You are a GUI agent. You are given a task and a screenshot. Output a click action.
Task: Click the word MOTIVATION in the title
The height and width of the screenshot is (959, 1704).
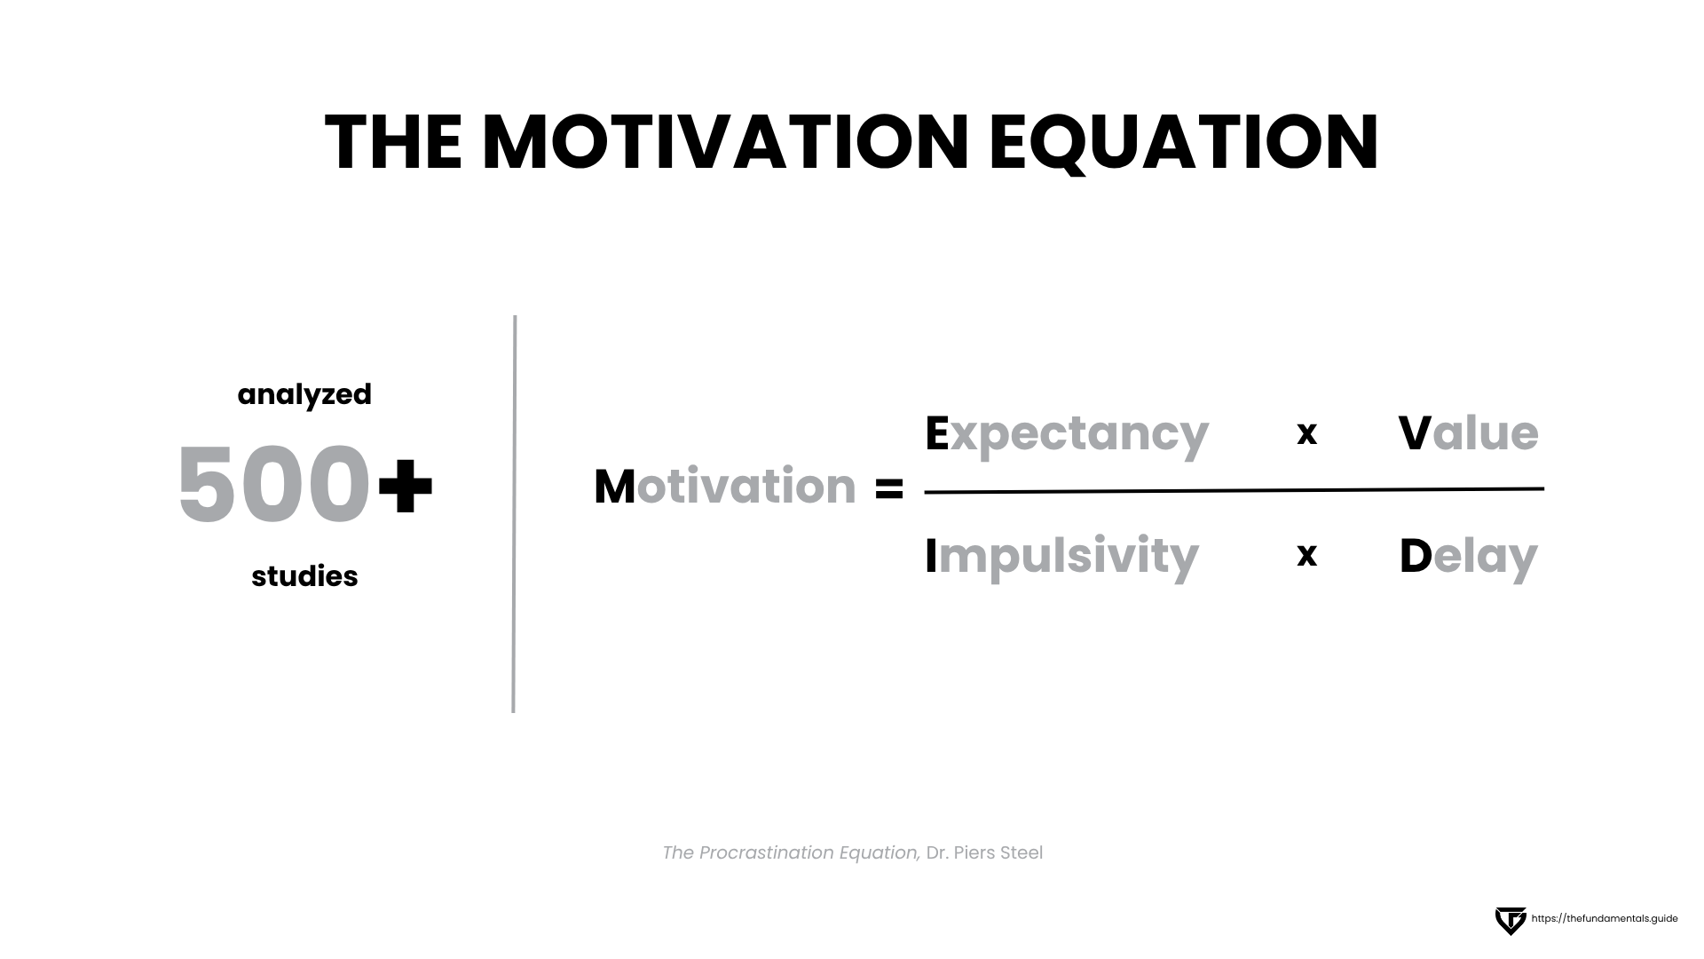coord(725,142)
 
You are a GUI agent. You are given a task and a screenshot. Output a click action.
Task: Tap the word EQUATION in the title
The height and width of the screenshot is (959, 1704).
coord(1184,144)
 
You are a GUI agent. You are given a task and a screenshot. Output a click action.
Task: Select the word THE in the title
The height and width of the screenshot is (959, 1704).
coord(393,142)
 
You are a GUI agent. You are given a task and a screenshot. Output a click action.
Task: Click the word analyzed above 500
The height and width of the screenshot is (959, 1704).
coord(304,395)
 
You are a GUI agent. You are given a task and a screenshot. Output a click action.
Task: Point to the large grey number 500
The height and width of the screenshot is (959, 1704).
coord(273,485)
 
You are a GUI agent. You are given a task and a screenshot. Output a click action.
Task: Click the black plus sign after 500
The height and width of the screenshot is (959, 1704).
coord(406,485)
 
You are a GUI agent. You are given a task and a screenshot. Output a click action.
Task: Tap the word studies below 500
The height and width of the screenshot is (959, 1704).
coord(304,576)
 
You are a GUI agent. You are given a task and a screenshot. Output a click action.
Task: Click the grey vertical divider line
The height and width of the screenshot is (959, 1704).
coord(514,514)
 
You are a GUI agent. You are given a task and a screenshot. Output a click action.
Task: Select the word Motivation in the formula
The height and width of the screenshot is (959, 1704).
coord(725,487)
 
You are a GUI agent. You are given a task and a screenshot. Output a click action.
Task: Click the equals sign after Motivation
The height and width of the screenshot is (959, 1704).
coord(888,488)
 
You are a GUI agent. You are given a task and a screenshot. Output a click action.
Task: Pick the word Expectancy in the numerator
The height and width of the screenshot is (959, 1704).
coord(1067,435)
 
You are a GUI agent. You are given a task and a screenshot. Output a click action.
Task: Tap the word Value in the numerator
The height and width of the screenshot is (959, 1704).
coord(1469,433)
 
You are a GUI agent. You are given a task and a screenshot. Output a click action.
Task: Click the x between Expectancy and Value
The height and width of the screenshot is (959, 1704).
coord(1306,433)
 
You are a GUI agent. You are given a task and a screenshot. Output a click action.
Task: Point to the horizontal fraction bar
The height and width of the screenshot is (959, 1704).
coord(1235,490)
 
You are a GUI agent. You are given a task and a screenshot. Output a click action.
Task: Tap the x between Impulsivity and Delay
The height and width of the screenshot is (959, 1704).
coord(1306,555)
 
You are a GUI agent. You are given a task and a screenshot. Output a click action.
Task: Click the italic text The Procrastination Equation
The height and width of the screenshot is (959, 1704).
coord(791,853)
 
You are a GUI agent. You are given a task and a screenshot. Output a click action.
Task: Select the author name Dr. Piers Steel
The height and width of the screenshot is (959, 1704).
coord(984,852)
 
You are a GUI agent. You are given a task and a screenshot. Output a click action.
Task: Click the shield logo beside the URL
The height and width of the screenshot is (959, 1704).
coord(1510,921)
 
